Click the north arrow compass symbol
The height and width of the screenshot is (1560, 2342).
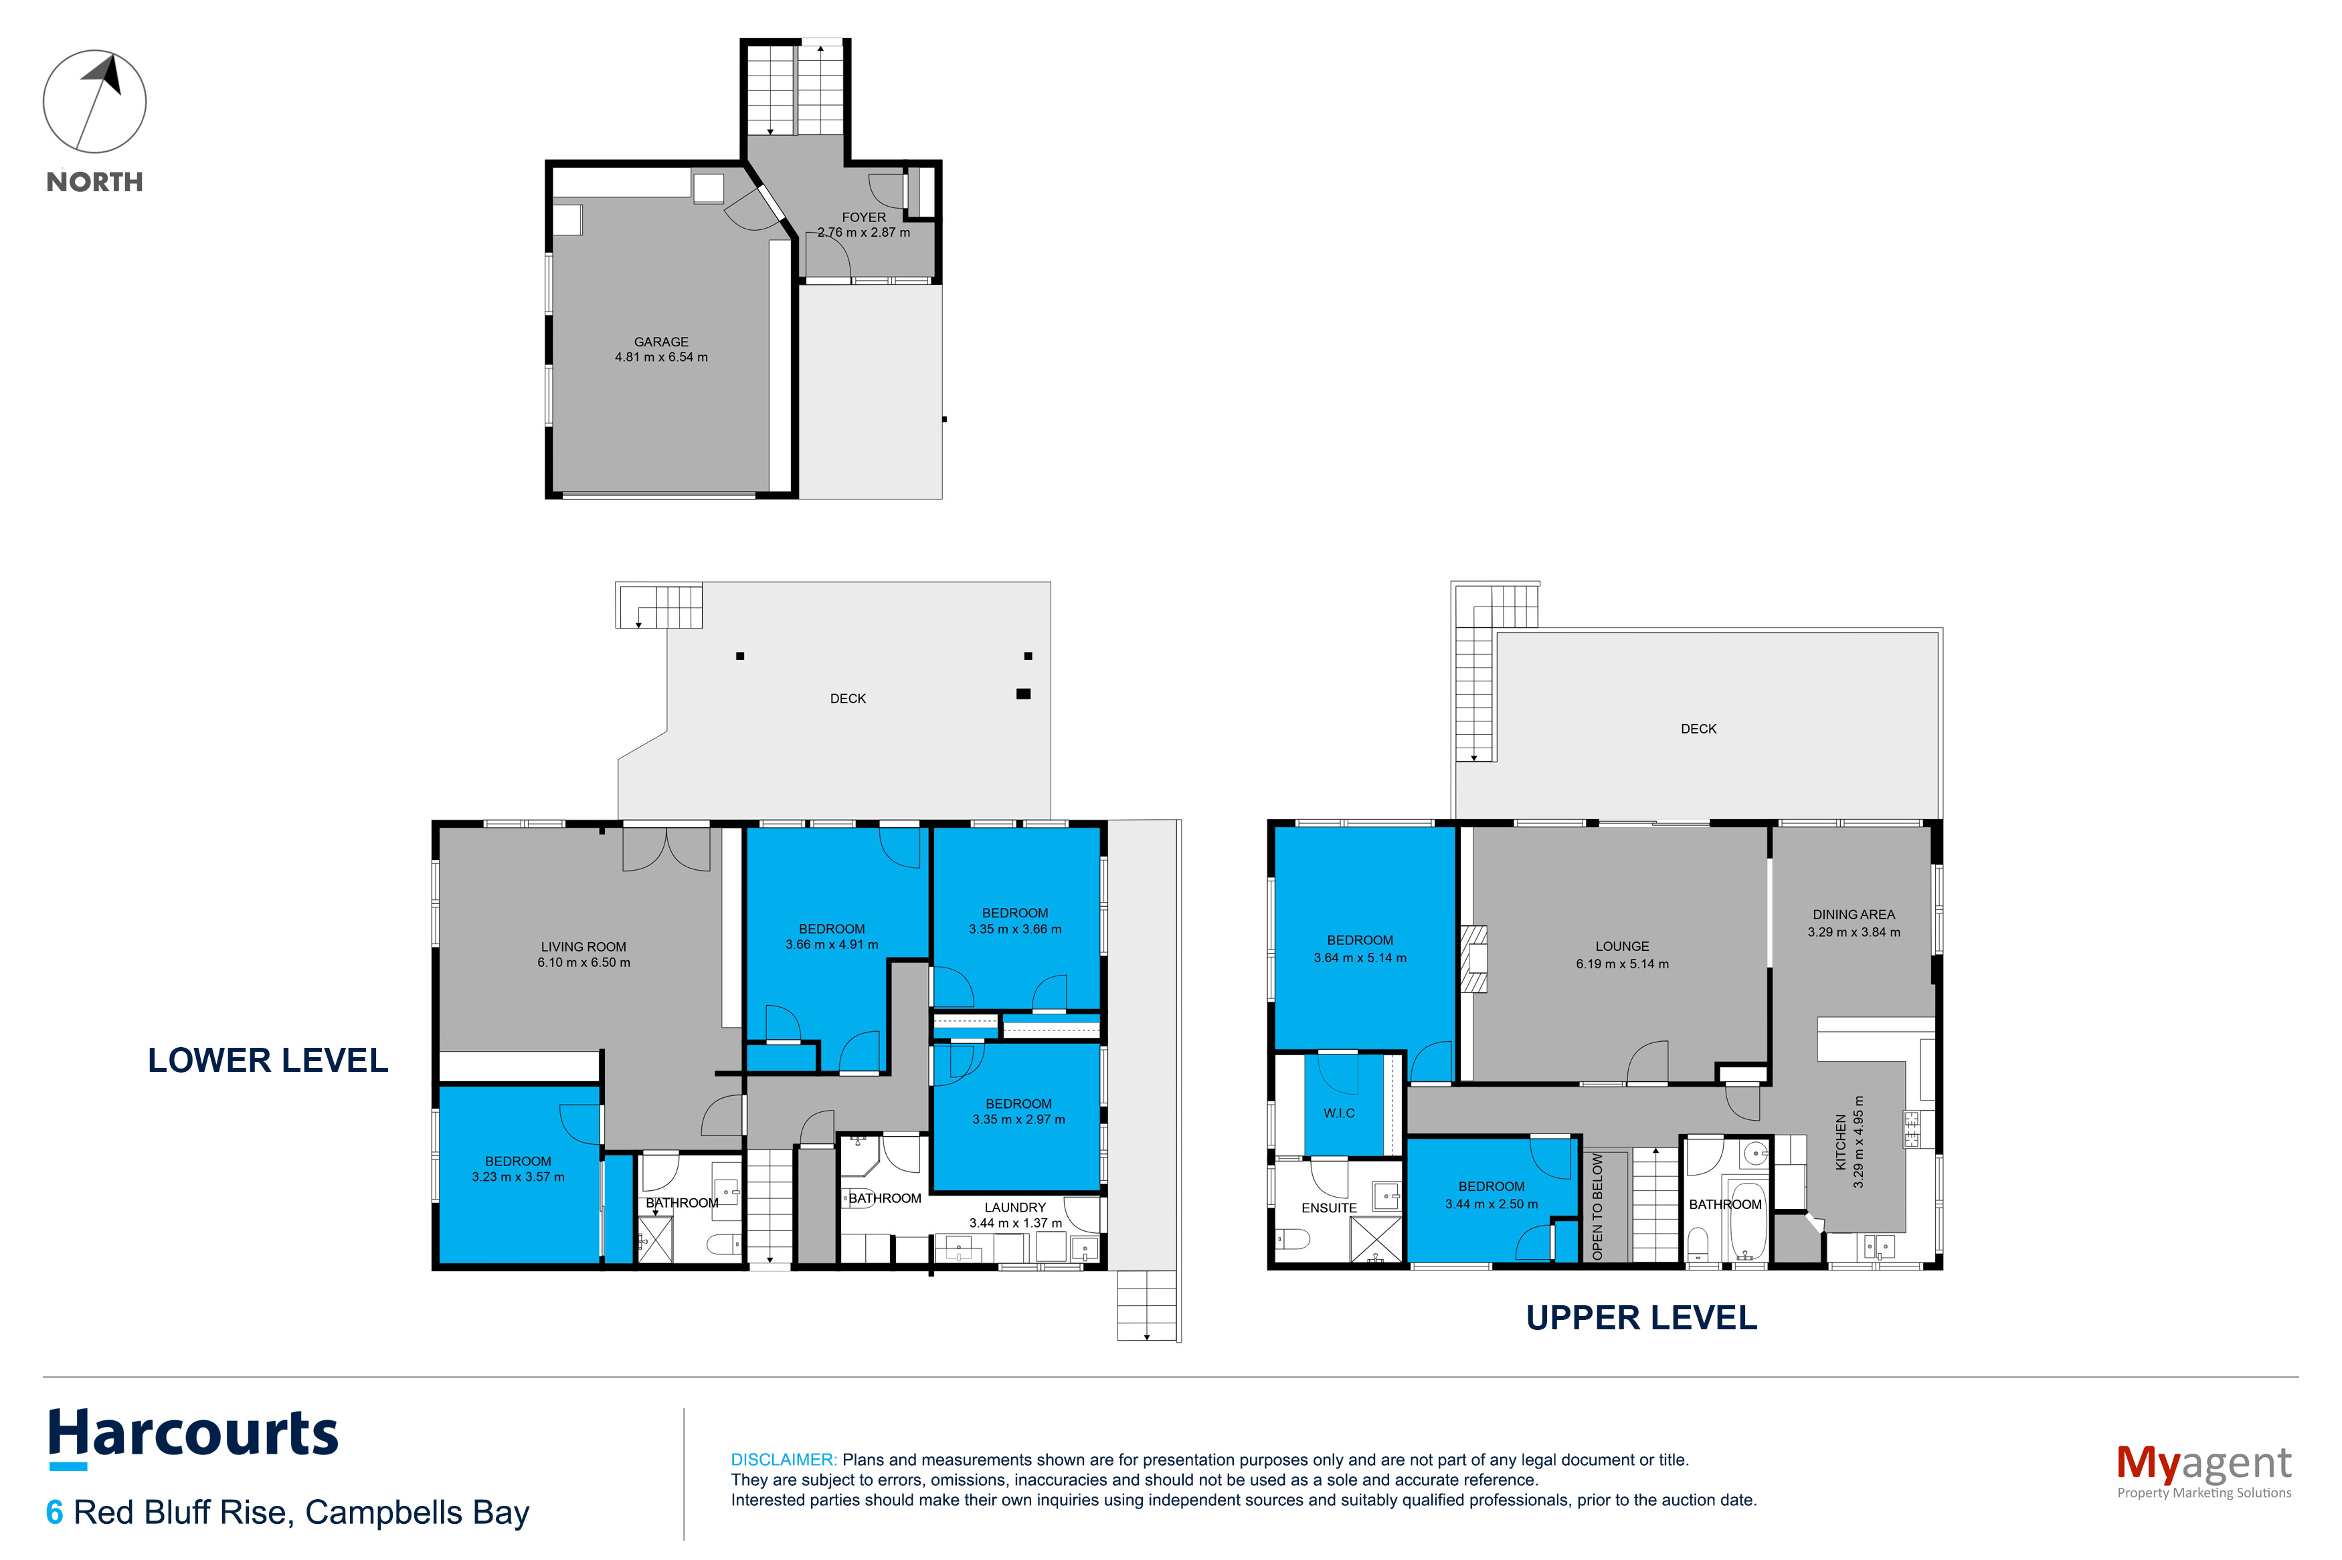[94, 102]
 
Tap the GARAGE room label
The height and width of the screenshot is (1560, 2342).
[661, 341]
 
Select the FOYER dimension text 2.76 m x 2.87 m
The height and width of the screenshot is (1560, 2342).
[863, 233]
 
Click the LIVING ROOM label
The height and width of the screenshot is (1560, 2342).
[583, 947]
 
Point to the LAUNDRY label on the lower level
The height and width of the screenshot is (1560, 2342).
[1014, 1207]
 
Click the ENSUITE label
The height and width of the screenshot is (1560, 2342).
[1329, 1208]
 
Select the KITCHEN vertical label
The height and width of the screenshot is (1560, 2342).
[1840, 1141]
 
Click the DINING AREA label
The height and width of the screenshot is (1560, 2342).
[1854, 914]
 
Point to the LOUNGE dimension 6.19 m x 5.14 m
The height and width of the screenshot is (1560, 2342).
[1623, 963]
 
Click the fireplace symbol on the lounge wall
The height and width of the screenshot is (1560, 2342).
[1473, 959]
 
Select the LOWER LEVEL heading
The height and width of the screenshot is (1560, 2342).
[268, 1061]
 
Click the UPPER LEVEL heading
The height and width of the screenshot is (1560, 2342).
[1641, 1317]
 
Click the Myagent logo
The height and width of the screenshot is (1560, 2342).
[2203, 1470]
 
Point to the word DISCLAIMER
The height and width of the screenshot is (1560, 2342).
[784, 1460]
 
